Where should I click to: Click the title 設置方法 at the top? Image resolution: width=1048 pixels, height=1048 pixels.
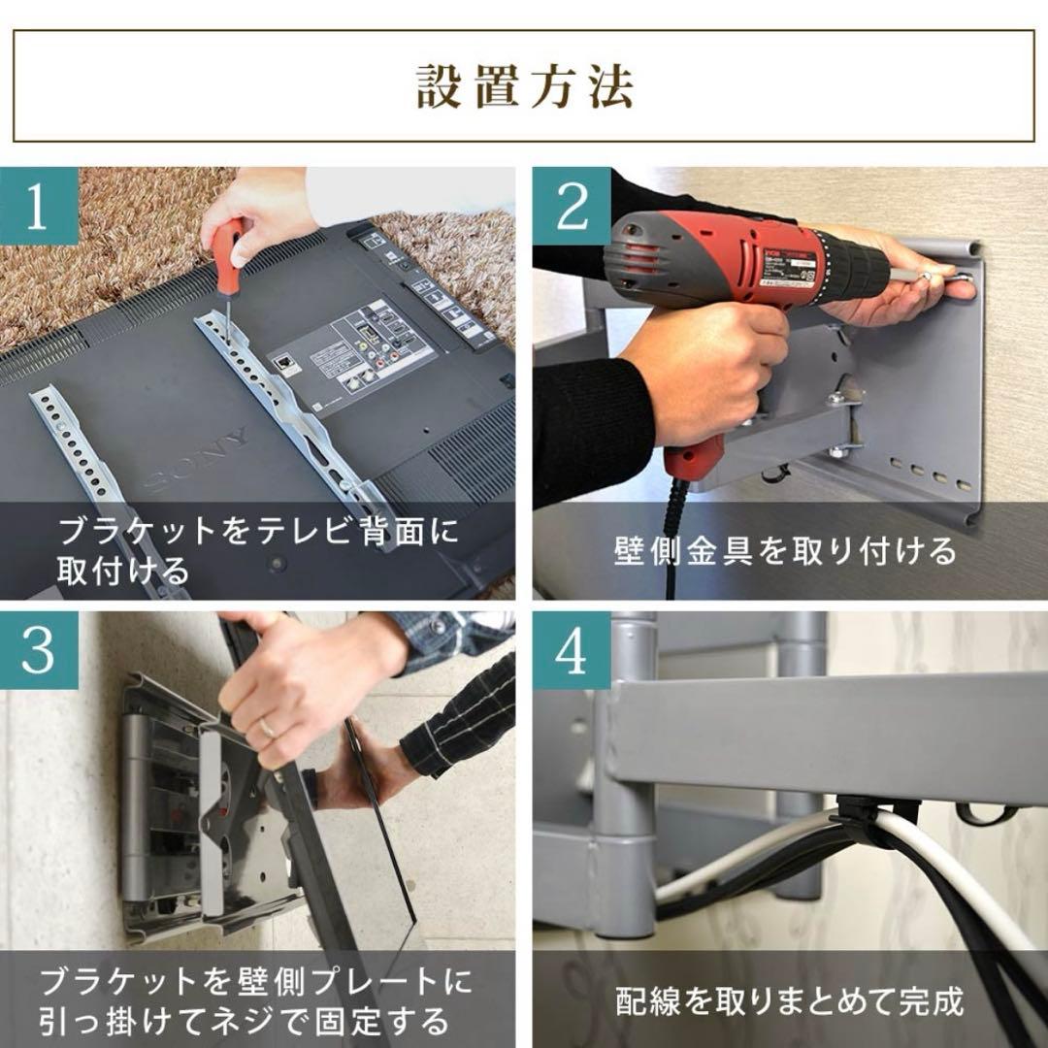[x=524, y=86]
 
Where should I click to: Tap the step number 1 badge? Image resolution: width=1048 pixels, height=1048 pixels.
[x=38, y=206]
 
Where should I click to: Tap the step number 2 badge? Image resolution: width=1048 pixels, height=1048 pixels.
[x=572, y=206]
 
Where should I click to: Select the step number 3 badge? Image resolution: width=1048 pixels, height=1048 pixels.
[x=38, y=651]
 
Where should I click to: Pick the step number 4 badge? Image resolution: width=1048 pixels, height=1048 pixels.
[x=572, y=651]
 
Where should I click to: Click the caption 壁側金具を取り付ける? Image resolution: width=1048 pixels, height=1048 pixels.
[x=785, y=551]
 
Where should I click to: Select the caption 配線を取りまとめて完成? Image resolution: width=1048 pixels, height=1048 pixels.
[x=789, y=1000]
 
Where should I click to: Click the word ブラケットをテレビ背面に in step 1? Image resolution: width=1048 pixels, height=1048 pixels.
[x=257, y=532]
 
